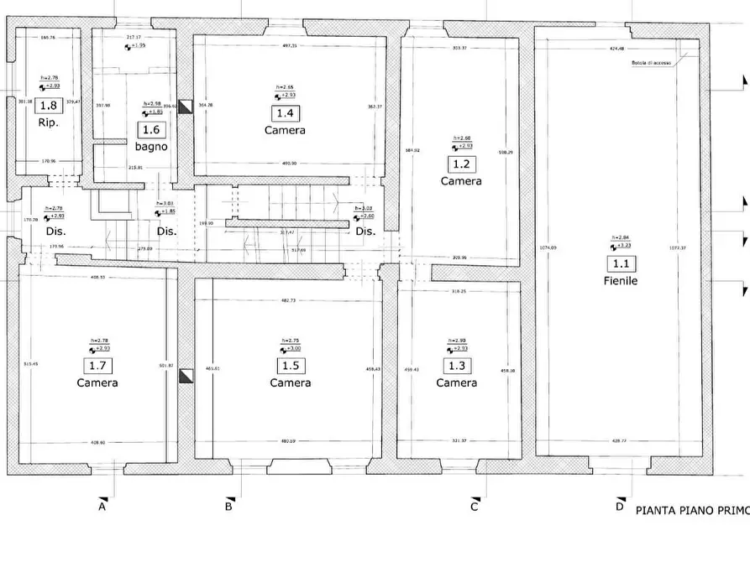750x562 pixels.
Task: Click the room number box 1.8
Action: click(49, 106)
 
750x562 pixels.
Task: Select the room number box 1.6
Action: click(150, 130)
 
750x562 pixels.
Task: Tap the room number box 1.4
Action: click(285, 113)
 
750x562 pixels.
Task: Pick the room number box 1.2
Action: click(460, 164)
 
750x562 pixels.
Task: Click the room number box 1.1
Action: click(620, 263)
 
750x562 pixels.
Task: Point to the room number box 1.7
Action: click(97, 366)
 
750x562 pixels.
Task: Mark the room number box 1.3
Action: click(456, 366)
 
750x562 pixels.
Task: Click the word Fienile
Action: click(620, 281)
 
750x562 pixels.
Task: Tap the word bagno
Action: click(151, 147)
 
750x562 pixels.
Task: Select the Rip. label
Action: click(47, 122)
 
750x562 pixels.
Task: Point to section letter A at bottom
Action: click(102, 506)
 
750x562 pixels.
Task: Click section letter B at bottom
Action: click(228, 506)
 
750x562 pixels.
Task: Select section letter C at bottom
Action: click(475, 506)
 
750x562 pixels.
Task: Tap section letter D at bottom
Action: click(619, 506)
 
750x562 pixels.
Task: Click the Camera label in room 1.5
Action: click(290, 382)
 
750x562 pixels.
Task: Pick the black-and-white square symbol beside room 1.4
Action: click(186, 105)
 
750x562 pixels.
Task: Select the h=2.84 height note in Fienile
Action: click(620, 238)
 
